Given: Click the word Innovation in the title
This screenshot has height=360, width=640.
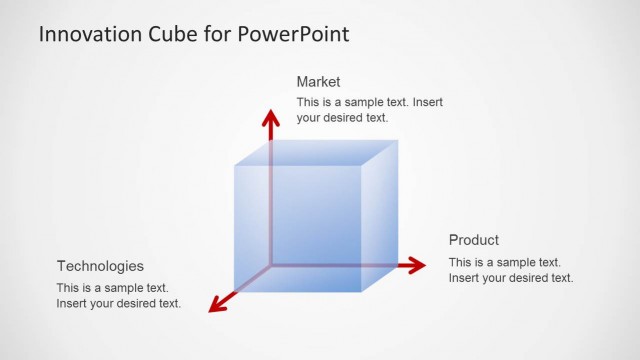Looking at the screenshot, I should coord(89,34).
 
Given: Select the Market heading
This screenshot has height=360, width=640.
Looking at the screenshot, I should coord(319,82).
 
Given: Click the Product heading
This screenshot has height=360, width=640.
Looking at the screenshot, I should coord(474,240).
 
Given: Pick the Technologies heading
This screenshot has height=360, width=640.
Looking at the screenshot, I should coord(100,266).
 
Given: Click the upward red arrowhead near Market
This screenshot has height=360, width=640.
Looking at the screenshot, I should coord(269,118).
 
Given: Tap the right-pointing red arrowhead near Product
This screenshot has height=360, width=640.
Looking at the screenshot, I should coord(417,265).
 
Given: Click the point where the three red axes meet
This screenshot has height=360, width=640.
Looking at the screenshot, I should coord(270,265).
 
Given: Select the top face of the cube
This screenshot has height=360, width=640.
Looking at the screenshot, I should coord(315,152).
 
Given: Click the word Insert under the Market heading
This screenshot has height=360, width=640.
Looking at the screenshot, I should coord(428,102).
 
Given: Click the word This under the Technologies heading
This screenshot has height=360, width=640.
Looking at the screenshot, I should coord(68,288).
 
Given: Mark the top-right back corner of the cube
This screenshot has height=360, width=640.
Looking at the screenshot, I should coord(397,140).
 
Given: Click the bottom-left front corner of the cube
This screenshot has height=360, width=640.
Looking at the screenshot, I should coord(235,292).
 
